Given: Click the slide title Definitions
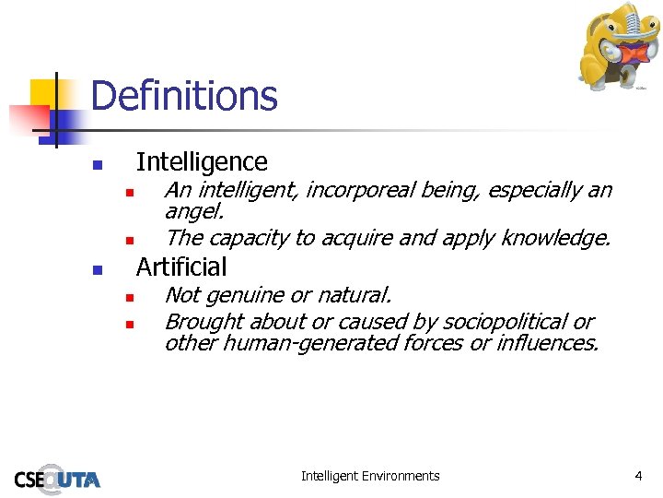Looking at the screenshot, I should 184,96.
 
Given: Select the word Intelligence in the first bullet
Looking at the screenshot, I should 202,162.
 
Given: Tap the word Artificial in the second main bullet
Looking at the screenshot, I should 181,267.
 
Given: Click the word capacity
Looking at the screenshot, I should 244,238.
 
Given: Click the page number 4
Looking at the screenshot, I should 638,476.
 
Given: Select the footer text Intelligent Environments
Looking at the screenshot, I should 370,476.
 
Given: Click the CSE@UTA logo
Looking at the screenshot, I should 57,478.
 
